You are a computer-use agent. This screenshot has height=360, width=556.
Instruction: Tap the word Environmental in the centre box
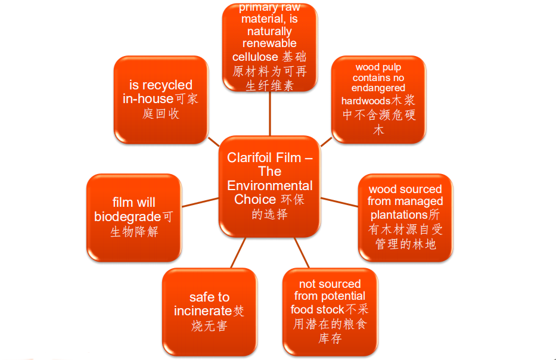[270, 185]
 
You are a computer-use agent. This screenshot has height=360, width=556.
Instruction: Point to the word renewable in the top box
[269, 44]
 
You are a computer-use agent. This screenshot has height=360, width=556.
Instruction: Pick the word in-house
[148, 98]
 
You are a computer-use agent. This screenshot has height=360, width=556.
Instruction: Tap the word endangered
[378, 88]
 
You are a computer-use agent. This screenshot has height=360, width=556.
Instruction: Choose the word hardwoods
[366, 101]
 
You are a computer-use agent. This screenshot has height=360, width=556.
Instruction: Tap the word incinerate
[203, 311]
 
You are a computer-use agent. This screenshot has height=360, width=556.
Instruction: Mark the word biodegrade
[128, 217]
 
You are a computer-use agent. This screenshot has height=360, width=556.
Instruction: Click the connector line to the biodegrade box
[200, 203]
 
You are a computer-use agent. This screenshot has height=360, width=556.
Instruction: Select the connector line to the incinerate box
[238, 253]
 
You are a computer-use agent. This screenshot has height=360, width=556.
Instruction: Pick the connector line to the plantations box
[339, 202]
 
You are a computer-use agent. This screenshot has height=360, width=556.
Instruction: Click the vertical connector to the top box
[270, 113]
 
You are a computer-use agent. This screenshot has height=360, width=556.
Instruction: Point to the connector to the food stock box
[302, 253]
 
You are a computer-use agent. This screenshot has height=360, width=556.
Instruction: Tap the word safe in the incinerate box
[201, 297]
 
